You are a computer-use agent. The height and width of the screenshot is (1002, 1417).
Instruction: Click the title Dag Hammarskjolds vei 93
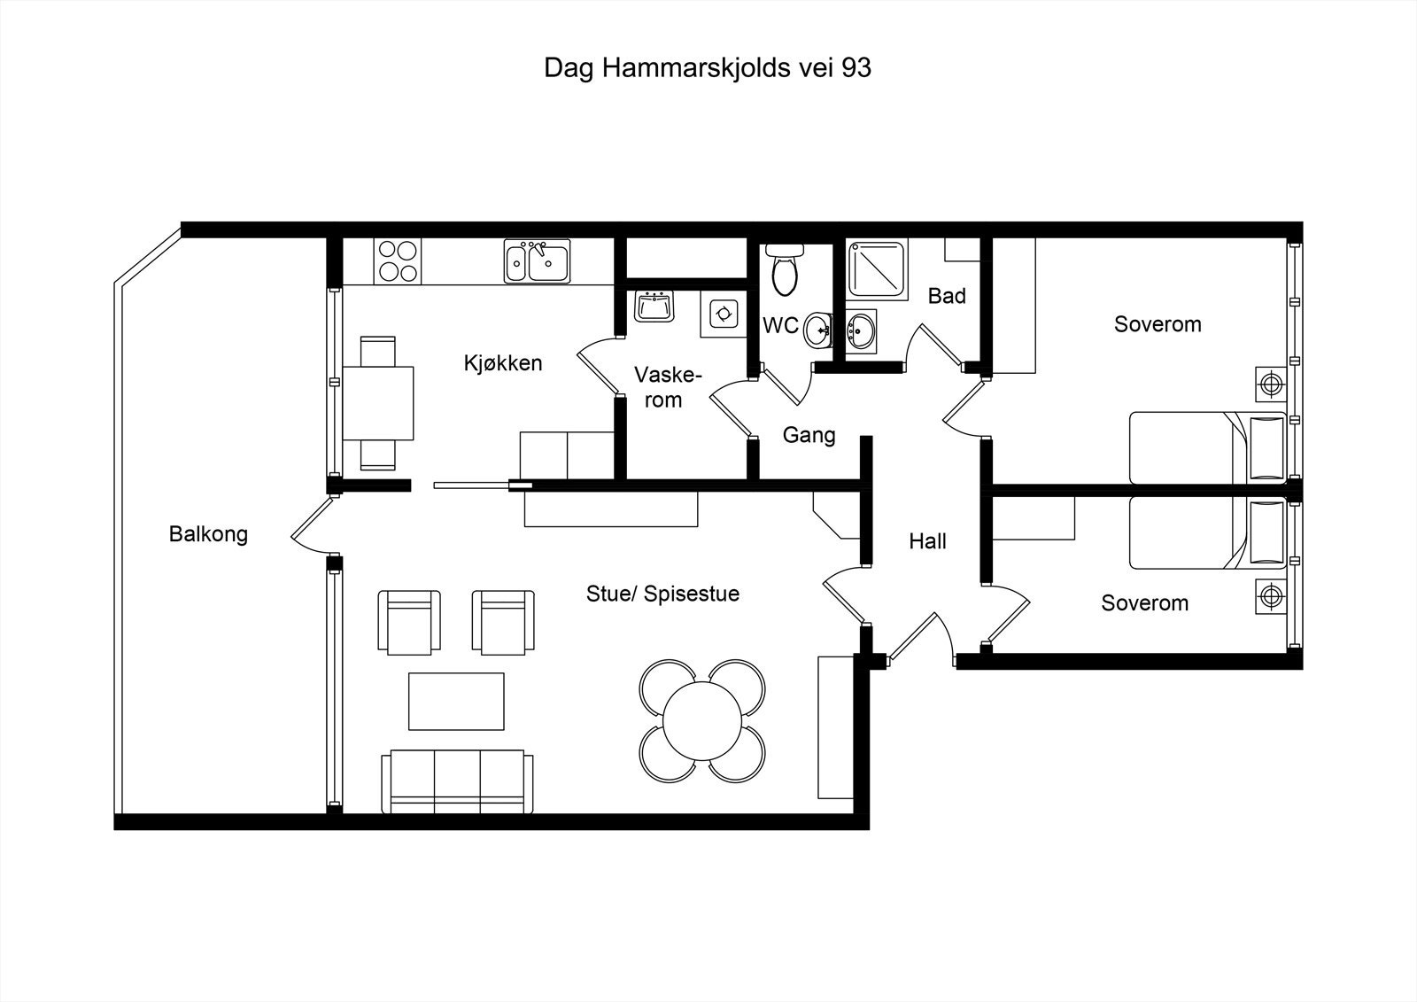point(707,68)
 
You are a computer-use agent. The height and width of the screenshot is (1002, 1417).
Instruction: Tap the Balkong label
point(208,534)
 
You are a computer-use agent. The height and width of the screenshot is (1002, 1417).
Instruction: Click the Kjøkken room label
point(502,363)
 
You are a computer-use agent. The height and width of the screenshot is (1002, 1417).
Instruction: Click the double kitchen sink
point(537,261)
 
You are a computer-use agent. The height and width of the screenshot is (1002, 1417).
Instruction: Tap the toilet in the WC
point(785,271)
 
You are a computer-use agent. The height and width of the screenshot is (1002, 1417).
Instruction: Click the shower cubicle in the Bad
point(877,269)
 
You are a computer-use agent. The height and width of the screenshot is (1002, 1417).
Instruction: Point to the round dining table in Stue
point(702,720)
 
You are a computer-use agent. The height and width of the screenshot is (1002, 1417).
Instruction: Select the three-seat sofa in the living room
point(458,782)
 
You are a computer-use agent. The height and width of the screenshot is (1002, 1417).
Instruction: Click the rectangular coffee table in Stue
point(456,701)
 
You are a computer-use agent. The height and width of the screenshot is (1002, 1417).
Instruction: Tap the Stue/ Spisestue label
point(662,594)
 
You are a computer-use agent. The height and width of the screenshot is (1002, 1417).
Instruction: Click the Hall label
point(927,541)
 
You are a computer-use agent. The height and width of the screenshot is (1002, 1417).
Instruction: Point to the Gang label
point(809,435)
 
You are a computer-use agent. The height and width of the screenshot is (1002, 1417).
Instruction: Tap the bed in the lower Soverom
point(1206,532)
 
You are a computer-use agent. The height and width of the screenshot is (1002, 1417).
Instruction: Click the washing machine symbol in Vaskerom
point(724,313)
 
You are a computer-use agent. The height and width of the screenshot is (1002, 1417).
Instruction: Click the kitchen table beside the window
point(378,403)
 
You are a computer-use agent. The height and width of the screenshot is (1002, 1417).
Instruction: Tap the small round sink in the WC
point(818,330)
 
